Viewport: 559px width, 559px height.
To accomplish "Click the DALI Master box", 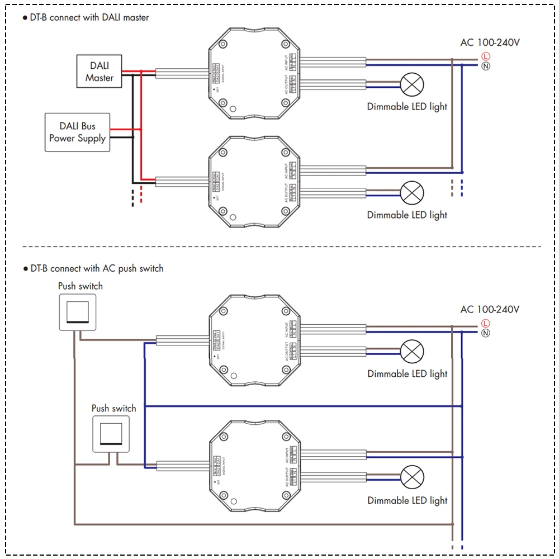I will (x=99, y=71).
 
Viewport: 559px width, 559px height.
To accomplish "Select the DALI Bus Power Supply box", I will (x=77, y=132).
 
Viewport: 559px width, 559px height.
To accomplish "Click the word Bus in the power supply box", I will (x=87, y=126).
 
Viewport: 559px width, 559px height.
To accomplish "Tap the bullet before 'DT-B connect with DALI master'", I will (x=25, y=18).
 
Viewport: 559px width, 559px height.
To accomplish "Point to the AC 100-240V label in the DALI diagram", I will (x=490, y=42).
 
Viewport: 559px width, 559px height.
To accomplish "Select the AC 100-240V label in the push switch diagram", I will (x=490, y=309).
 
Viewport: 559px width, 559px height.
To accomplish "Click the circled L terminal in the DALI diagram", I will (x=485, y=56).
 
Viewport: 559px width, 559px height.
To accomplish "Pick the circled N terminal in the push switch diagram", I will (x=485, y=333).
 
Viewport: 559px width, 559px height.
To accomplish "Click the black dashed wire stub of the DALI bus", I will (x=132, y=197).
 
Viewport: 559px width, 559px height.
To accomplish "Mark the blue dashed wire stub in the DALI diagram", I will (x=462, y=188).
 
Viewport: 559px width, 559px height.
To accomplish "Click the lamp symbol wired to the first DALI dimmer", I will (x=412, y=85).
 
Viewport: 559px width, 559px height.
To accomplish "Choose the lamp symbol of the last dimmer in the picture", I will (x=412, y=477).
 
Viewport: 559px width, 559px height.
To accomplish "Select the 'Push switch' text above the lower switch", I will (x=113, y=409).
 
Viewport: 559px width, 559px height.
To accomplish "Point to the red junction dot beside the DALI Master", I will (x=141, y=71).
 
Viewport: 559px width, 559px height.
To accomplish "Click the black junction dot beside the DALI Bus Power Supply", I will (x=132, y=136).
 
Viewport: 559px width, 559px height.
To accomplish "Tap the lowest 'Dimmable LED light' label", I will (x=407, y=500).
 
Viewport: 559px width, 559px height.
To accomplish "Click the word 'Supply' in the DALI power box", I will (x=93, y=138).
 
